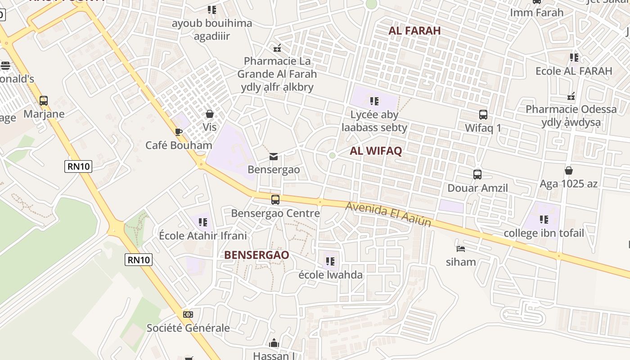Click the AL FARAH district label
coord(414,31)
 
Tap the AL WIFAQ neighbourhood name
coord(376,151)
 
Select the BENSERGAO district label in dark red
coord(256,255)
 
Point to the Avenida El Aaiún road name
coord(388,214)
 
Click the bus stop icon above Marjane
coord(44,100)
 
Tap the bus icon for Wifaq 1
coord(483,115)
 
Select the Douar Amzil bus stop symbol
coord(477,174)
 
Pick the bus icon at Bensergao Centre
coord(275,199)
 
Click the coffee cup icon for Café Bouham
coord(179,132)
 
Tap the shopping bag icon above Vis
coord(209,114)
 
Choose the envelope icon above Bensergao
coord(274,157)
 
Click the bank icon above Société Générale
coord(188,314)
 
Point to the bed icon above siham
coord(460,248)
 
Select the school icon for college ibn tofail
coord(544,220)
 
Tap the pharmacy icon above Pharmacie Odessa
coord(571,96)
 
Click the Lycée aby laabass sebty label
coord(374,121)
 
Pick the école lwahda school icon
coord(330,261)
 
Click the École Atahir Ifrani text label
coord(203,235)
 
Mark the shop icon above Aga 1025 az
coord(569,171)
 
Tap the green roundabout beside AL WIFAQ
coord(332,155)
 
